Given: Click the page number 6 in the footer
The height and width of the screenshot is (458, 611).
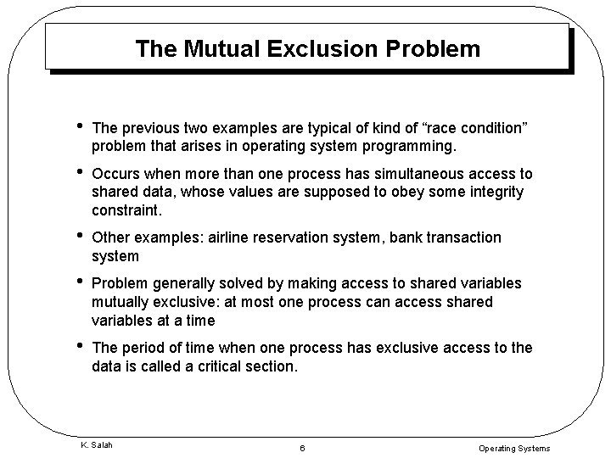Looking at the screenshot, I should coord(301,448).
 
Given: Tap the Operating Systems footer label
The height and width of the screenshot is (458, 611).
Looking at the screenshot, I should coord(514,448).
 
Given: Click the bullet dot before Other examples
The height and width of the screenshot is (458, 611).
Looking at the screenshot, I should coord(78,236).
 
